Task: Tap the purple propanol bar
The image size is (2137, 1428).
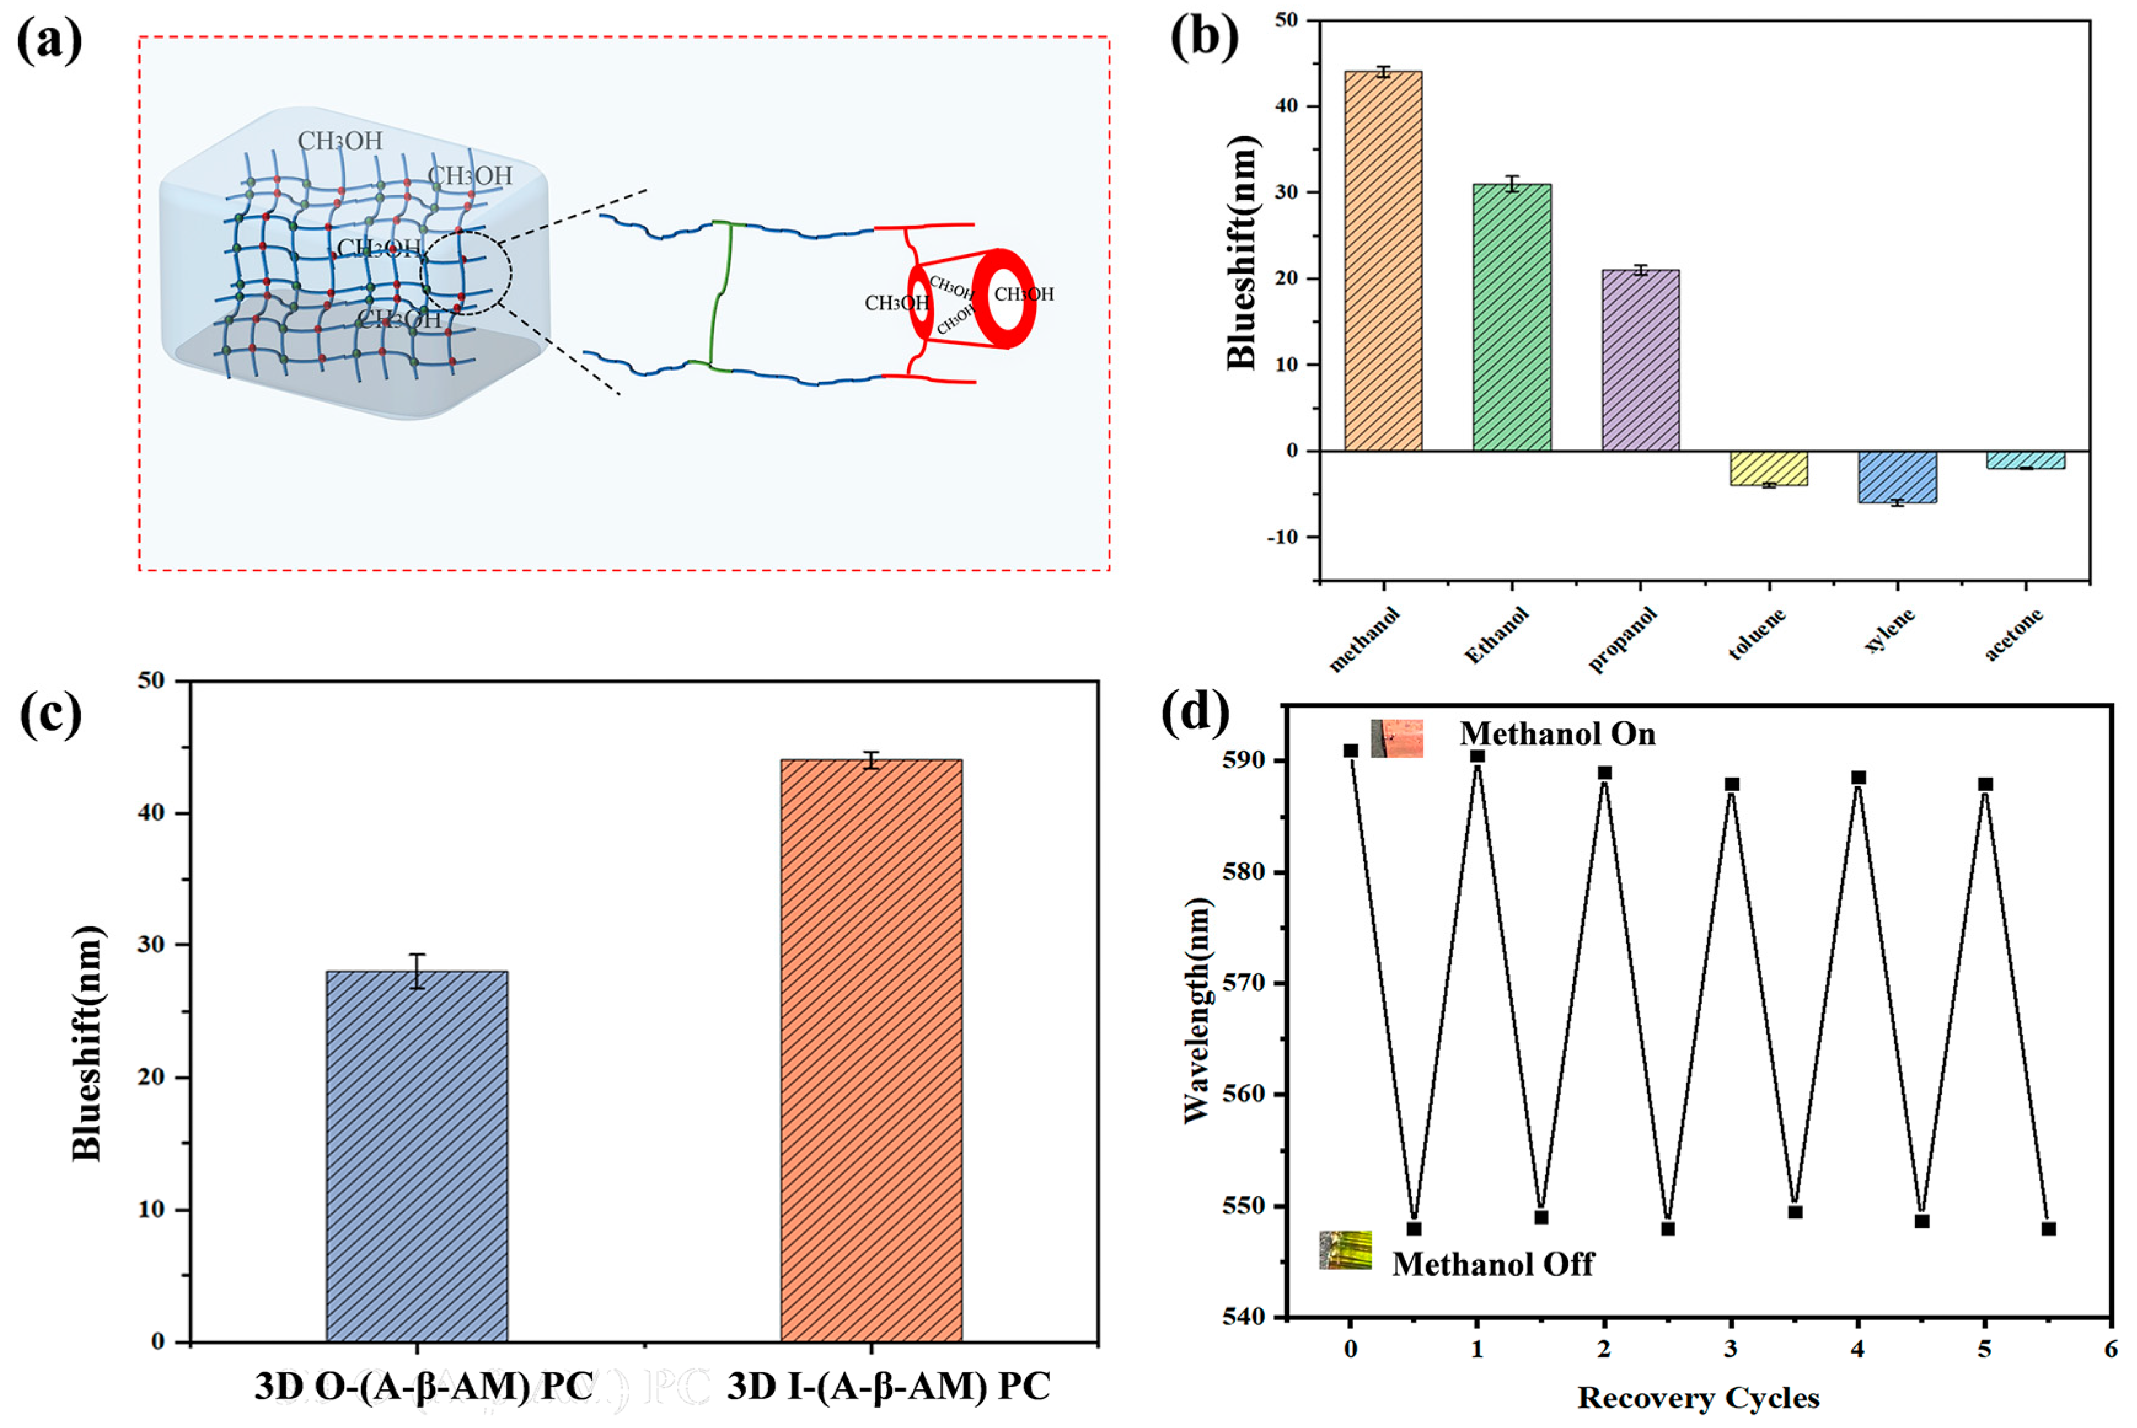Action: (1640, 360)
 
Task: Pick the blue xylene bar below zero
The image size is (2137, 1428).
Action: (1897, 476)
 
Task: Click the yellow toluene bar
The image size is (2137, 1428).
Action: (1768, 468)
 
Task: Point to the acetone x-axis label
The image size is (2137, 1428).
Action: (2013, 635)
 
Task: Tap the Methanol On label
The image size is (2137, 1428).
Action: (1557, 734)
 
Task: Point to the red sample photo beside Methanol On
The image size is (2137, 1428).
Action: (1397, 738)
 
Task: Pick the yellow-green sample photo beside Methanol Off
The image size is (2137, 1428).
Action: (1345, 1250)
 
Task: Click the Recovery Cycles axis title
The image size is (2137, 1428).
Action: (1698, 1398)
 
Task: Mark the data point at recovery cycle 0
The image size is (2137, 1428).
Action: (1350, 751)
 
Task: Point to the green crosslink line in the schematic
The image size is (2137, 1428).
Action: (724, 296)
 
